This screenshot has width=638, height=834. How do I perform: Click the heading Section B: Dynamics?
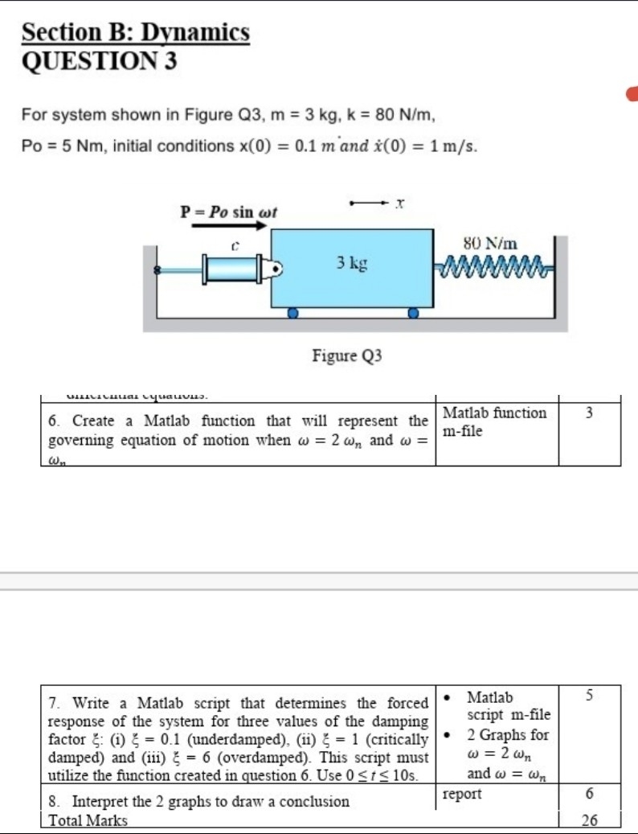(x=135, y=33)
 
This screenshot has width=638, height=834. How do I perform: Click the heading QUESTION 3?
(x=99, y=61)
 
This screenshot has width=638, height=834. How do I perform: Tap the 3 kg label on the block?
(x=352, y=263)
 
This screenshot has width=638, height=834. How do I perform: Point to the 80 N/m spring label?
(x=491, y=242)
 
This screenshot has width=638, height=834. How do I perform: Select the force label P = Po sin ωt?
(x=228, y=212)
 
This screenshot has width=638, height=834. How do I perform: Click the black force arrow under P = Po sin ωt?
(x=228, y=227)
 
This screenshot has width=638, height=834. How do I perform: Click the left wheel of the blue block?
(x=293, y=314)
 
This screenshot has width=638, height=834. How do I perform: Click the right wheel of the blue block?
(x=412, y=314)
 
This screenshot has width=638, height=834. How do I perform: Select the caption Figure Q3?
(x=347, y=355)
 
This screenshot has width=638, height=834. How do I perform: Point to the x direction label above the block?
(x=398, y=207)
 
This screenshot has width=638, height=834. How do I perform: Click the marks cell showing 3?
(x=589, y=413)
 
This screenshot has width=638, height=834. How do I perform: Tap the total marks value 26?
(x=589, y=820)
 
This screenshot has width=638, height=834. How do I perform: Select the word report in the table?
(x=462, y=795)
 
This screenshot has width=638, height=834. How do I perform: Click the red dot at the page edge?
(x=633, y=94)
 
